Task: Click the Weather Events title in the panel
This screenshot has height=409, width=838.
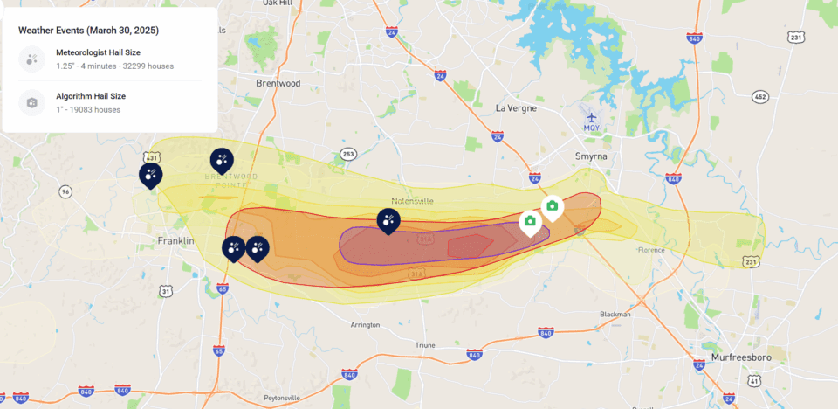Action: tap(88, 30)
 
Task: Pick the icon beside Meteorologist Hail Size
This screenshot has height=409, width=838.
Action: tap(32, 59)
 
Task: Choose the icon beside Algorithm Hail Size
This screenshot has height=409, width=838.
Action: tap(32, 103)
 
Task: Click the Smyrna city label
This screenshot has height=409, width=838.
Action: tap(592, 156)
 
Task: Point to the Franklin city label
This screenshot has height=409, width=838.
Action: tap(175, 240)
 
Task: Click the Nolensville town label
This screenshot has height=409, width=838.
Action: tap(412, 200)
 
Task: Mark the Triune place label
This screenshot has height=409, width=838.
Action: tap(425, 345)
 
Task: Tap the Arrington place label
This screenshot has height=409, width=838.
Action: tap(364, 325)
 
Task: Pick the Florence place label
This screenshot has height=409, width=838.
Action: tap(651, 250)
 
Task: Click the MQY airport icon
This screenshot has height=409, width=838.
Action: tap(592, 117)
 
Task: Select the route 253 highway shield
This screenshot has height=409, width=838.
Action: tap(348, 154)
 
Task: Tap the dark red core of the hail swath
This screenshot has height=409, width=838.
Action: tap(470, 246)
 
